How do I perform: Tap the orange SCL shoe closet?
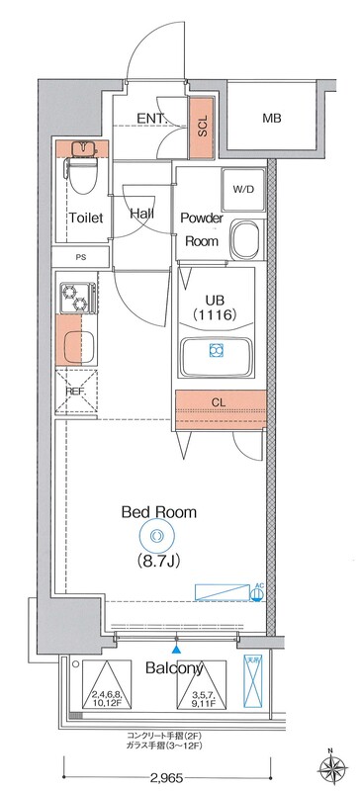(202, 129)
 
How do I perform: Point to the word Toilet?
(86, 219)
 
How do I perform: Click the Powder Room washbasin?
(243, 240)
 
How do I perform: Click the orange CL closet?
(220, 402)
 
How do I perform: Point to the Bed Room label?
(158, 512)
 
